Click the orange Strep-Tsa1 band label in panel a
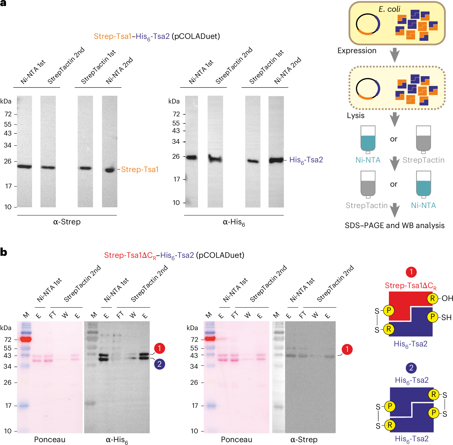point(140,169)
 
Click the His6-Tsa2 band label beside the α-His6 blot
point(306,160)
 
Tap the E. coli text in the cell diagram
point(389,9)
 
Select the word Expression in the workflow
point(357,51)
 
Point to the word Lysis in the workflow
point(356,115)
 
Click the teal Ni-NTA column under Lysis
point(368,139)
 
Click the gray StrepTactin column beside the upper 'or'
point(424,139)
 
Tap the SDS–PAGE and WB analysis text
point(395,226)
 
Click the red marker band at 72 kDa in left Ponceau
point(26,339)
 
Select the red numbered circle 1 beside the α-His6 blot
point(159,348)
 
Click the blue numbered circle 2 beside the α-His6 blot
point(159,364)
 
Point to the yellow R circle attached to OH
point(432,298)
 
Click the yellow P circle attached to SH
point(432,317)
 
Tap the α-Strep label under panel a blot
point(67,222)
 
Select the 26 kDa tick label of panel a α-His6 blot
point(176,156)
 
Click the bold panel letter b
point(4,252)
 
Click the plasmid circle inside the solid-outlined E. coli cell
point(368,24)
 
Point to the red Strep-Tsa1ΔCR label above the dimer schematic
point(410,286)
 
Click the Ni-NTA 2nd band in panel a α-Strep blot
point(110,170)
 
